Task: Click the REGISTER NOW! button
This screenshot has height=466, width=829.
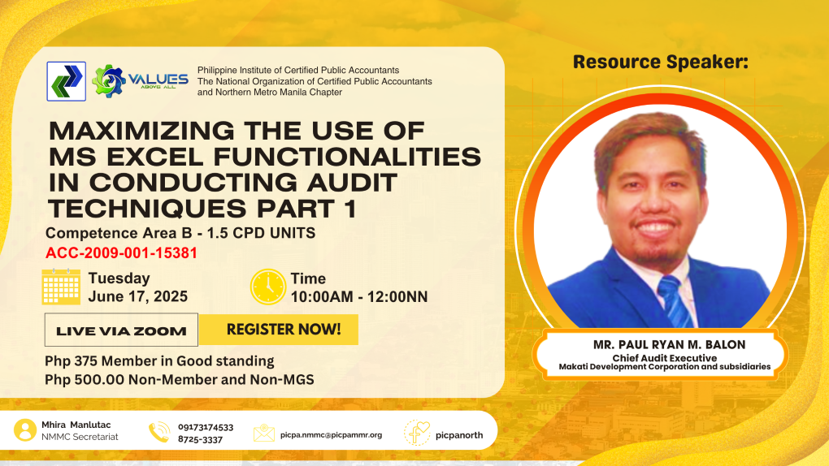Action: pyautogui.click(x=279, y=330)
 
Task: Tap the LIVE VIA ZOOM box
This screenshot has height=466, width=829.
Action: pyautogui.click(x=121, y=330)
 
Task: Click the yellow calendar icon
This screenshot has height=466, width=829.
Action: pyautogui.click(x=61, y=287)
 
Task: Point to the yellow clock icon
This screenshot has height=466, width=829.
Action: pyautogui.click(x=268, y=287)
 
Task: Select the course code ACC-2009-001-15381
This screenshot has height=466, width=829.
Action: pyautogui.click(x=121, y=253)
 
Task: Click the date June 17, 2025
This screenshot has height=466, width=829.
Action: pyautogui.click(x=137, y=296)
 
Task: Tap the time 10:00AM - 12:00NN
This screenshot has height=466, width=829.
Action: pyautogui.click(x=359, y=297)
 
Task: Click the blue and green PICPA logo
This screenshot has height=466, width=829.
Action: pyautogui.click(x=66, y=81)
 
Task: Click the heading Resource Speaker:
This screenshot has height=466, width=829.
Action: pyautogui.click(x=660, y=62)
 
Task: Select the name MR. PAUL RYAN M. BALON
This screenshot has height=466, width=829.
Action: pyautogui.click(x=669, y=344)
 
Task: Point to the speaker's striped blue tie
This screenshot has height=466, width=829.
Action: pyautogui.click(x=674, y=300)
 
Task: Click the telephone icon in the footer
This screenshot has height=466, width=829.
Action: pyautogui.click(x=159, y=432)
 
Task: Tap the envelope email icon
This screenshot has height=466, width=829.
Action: pyautogui.click(x=264, y=433)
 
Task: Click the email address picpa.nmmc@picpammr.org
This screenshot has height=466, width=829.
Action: pyautogui.click(x=331, y=435)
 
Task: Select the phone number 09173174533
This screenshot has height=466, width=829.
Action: pyautogui.click(x=205, y=427)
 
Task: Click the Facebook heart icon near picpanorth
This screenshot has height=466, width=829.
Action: pyautogui.click(x=417, y=433)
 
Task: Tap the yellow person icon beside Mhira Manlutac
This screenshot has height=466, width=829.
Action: pyautogui.click(x=25, y=430)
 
